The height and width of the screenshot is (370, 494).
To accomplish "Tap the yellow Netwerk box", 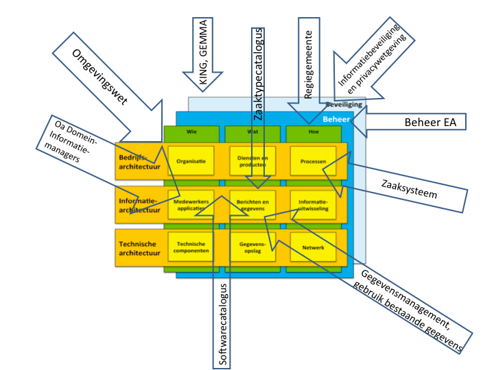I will pos(312,247).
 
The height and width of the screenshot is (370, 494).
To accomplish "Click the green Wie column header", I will pos(191,131).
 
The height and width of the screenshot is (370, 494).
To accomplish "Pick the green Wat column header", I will pos(252,131).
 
